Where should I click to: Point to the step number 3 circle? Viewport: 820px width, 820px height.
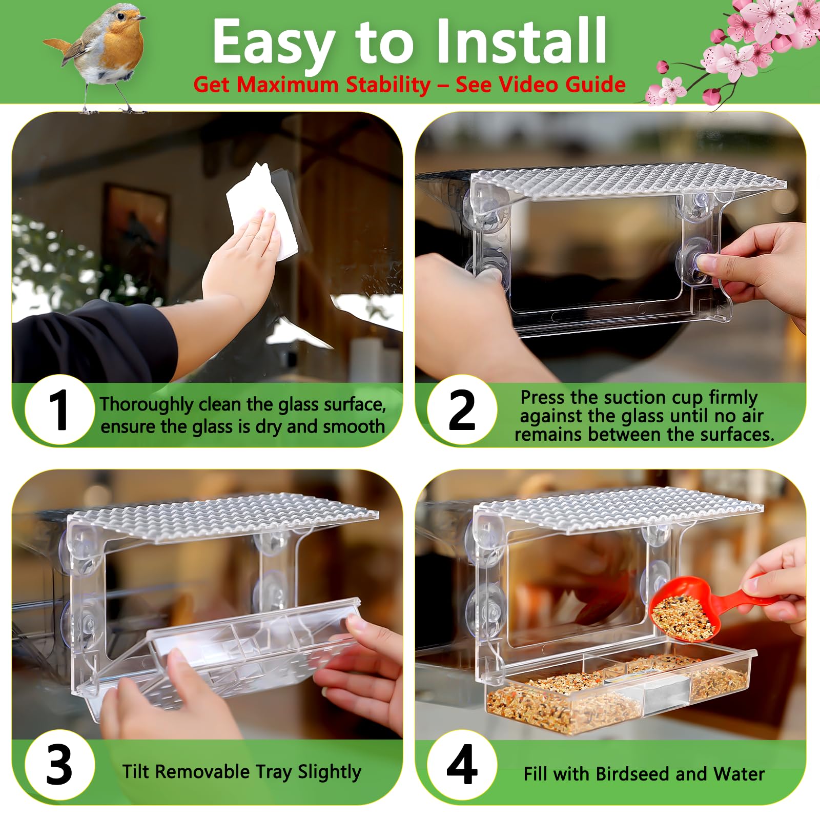pyautogui.click(x=59, y=765)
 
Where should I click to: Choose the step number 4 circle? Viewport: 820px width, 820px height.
pyautogui.click(x=462, y=765)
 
